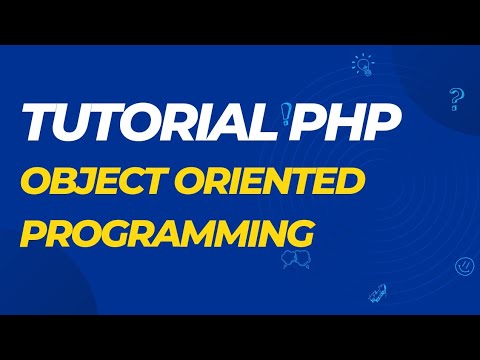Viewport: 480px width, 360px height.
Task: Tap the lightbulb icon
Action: click(362, 65)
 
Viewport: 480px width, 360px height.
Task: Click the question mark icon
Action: click(457, 97)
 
